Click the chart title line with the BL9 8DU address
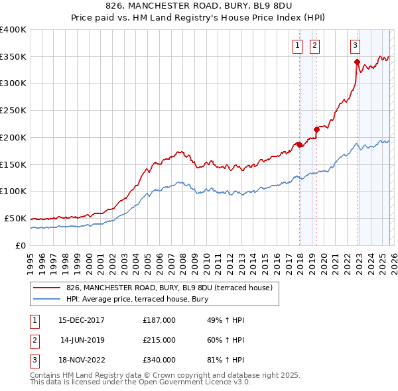(198, 6)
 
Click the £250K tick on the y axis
(13, 110)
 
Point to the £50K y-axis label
(15, 218)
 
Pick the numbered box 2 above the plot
(314, 46)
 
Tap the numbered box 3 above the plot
(355, 46)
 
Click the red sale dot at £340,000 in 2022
(357, 62)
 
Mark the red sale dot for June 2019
(316, 129)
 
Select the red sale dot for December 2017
(299, 144)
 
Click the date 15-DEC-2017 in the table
(82, 320)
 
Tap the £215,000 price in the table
(159, 340)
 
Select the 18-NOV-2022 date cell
(82, 360)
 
